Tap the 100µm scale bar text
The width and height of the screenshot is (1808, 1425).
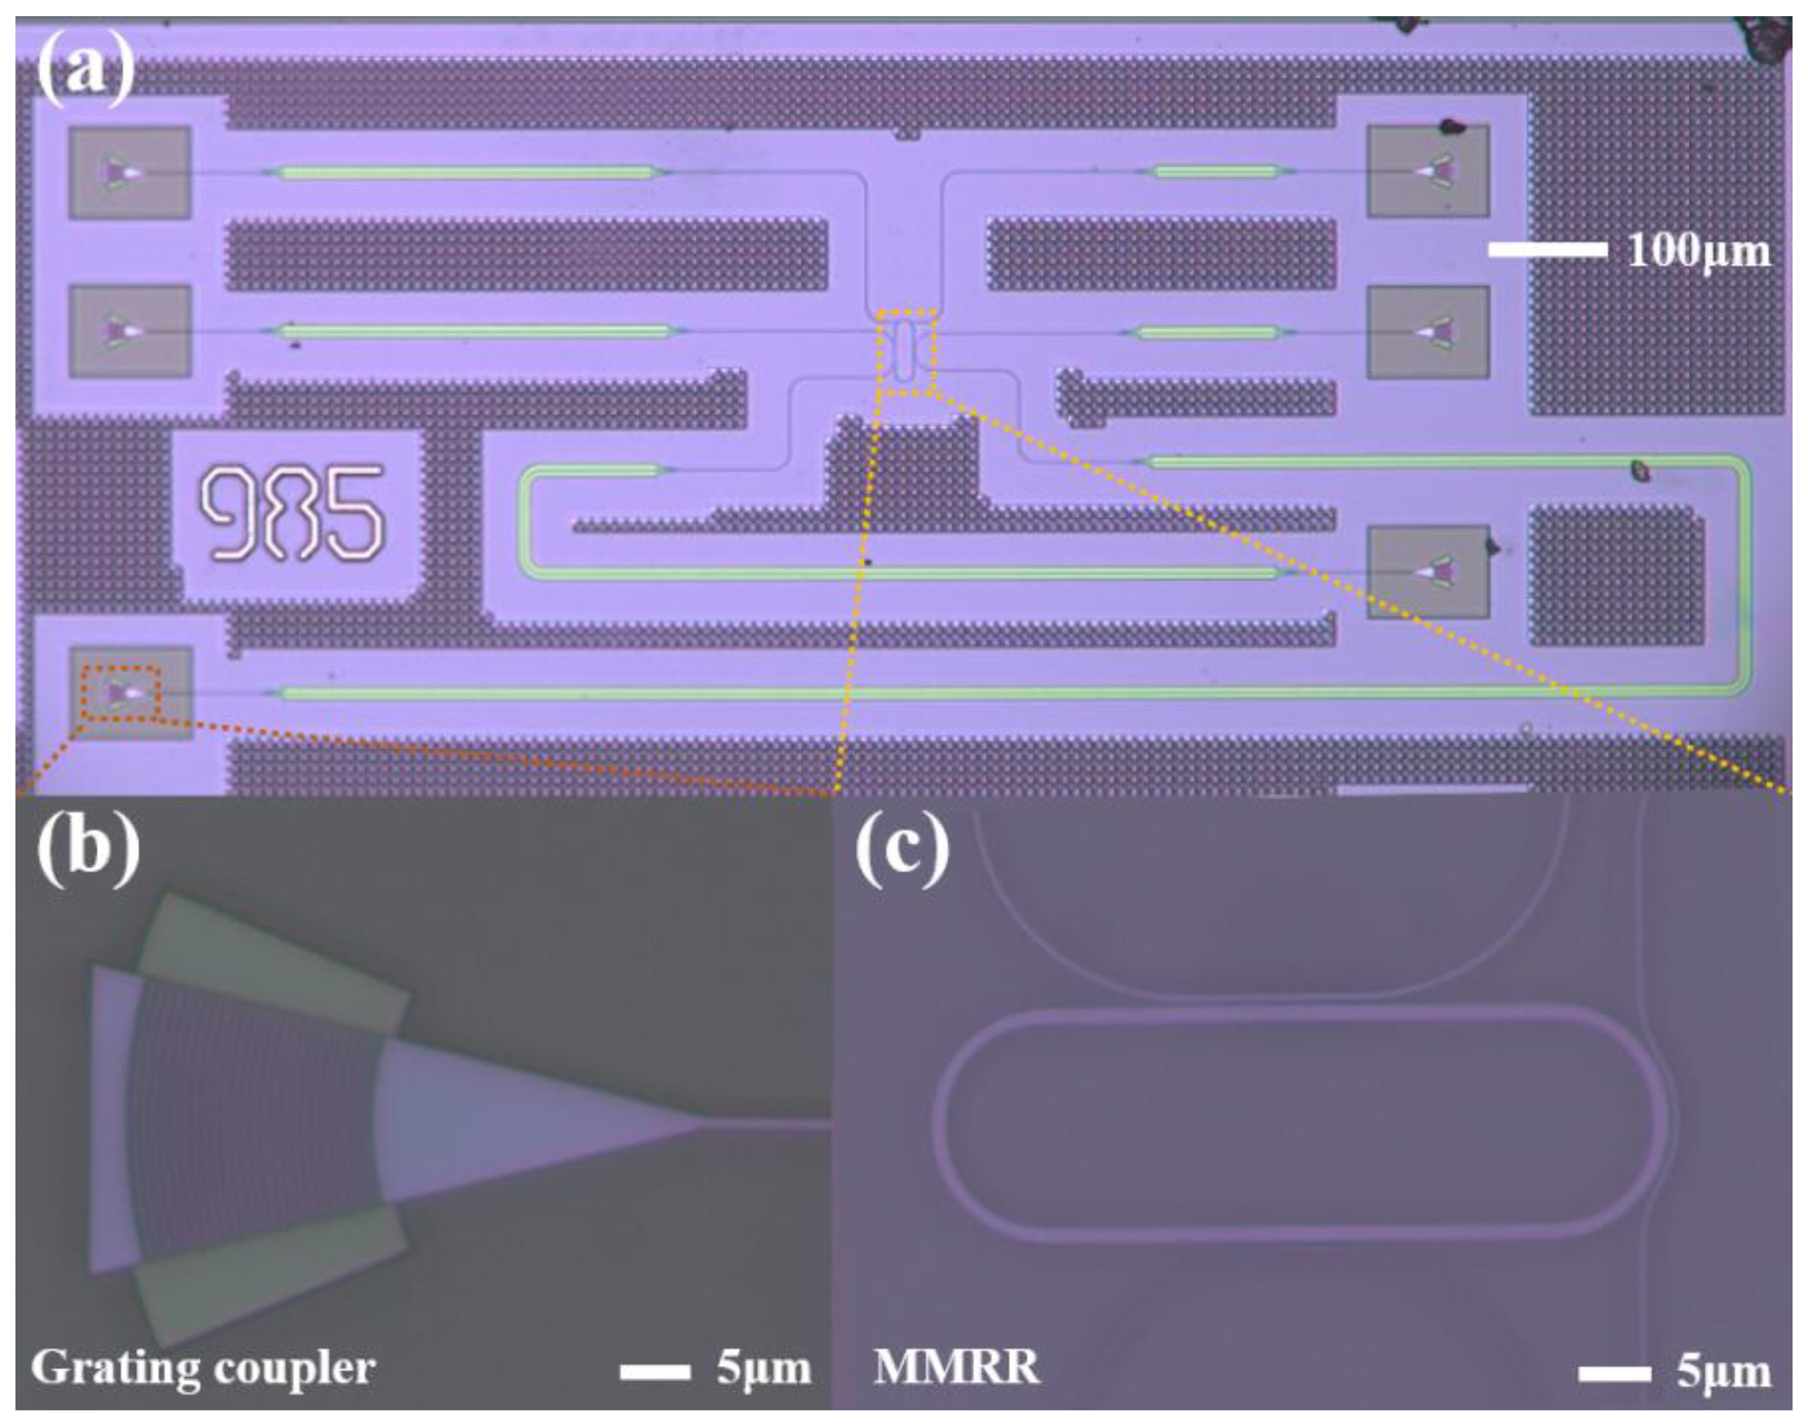pos(1698,251)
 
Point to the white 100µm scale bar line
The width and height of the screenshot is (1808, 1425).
pos(1547,249)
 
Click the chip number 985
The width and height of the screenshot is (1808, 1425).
pos(292,513)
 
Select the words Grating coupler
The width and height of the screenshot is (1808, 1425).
pos(203,1369)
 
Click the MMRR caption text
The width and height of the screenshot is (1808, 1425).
pos(957,1368)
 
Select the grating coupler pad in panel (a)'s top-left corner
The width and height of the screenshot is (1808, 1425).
pos(129,173)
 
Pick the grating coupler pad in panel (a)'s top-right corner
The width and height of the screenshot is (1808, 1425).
pos(1427,171)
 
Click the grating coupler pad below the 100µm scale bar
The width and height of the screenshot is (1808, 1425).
pos(1427,332)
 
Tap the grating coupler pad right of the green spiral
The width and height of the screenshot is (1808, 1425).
pos(1427,572)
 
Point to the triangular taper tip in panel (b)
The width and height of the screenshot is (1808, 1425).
pos(701,1122)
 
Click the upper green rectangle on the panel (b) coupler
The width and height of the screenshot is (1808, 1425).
pos(271,960)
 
